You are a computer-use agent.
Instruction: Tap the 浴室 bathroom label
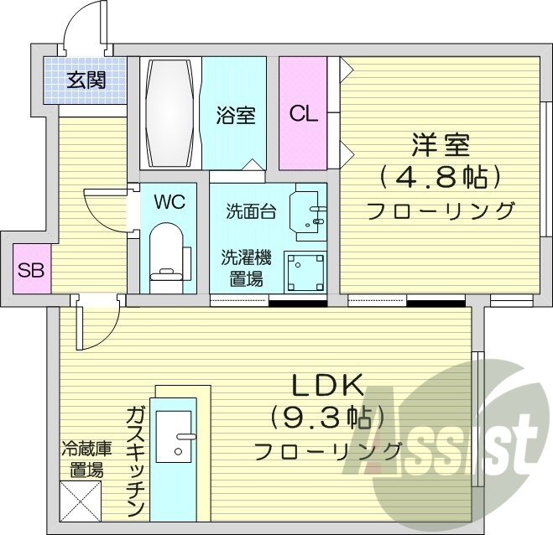[236, 115]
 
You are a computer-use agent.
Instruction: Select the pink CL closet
[304, 112]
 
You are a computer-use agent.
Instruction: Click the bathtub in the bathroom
[171, 112]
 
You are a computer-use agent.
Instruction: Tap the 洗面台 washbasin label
[250, 212]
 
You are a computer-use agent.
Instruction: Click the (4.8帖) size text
[439, 177]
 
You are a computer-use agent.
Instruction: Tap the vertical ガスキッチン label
[137, 461]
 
